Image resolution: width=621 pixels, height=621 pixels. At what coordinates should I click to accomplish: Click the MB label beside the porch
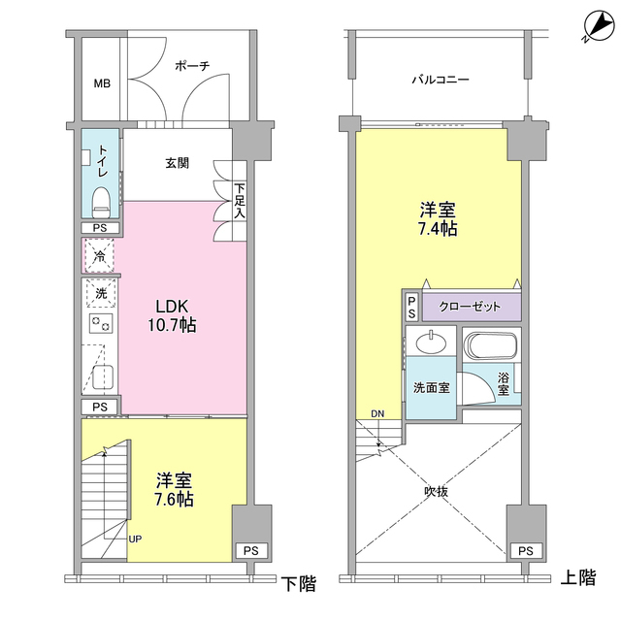[x=101, y=83]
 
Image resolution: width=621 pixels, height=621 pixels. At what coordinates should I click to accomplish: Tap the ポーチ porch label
[x=192, y=66]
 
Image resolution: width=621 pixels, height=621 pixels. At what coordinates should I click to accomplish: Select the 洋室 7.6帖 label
[x=174, y=490]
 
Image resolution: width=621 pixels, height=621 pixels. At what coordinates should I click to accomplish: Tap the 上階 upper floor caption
[x=578, y=579]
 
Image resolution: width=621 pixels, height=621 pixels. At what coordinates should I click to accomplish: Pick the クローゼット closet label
[x=471, y=308]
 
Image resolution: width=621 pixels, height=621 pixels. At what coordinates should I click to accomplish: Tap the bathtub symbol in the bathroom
[x=492, y=345]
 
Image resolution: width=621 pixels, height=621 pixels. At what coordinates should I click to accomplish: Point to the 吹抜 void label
[x=437, y=491]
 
